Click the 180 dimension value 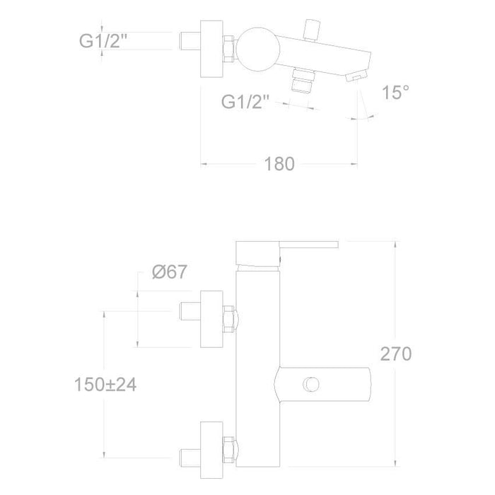279,164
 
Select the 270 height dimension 396,354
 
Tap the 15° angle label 395,92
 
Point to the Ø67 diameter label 170,272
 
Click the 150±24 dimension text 105,385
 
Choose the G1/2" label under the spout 245,102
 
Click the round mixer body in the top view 258,49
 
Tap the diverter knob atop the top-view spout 312,30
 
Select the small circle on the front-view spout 311,384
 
